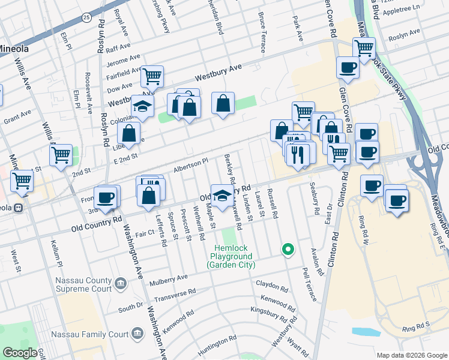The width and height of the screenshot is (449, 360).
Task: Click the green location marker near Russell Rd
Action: [288, 249]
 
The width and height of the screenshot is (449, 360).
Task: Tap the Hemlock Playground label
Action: [231, 256]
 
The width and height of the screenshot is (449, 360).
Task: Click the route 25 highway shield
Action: [87, 18]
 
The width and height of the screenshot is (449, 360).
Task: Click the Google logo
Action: [20, 353]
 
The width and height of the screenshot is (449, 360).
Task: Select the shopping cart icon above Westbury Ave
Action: [152, 76]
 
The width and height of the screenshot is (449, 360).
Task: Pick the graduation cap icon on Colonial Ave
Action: [142, 106]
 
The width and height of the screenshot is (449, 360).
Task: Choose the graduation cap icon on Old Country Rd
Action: [223, 195]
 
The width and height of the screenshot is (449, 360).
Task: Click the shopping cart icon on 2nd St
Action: [61, 155]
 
